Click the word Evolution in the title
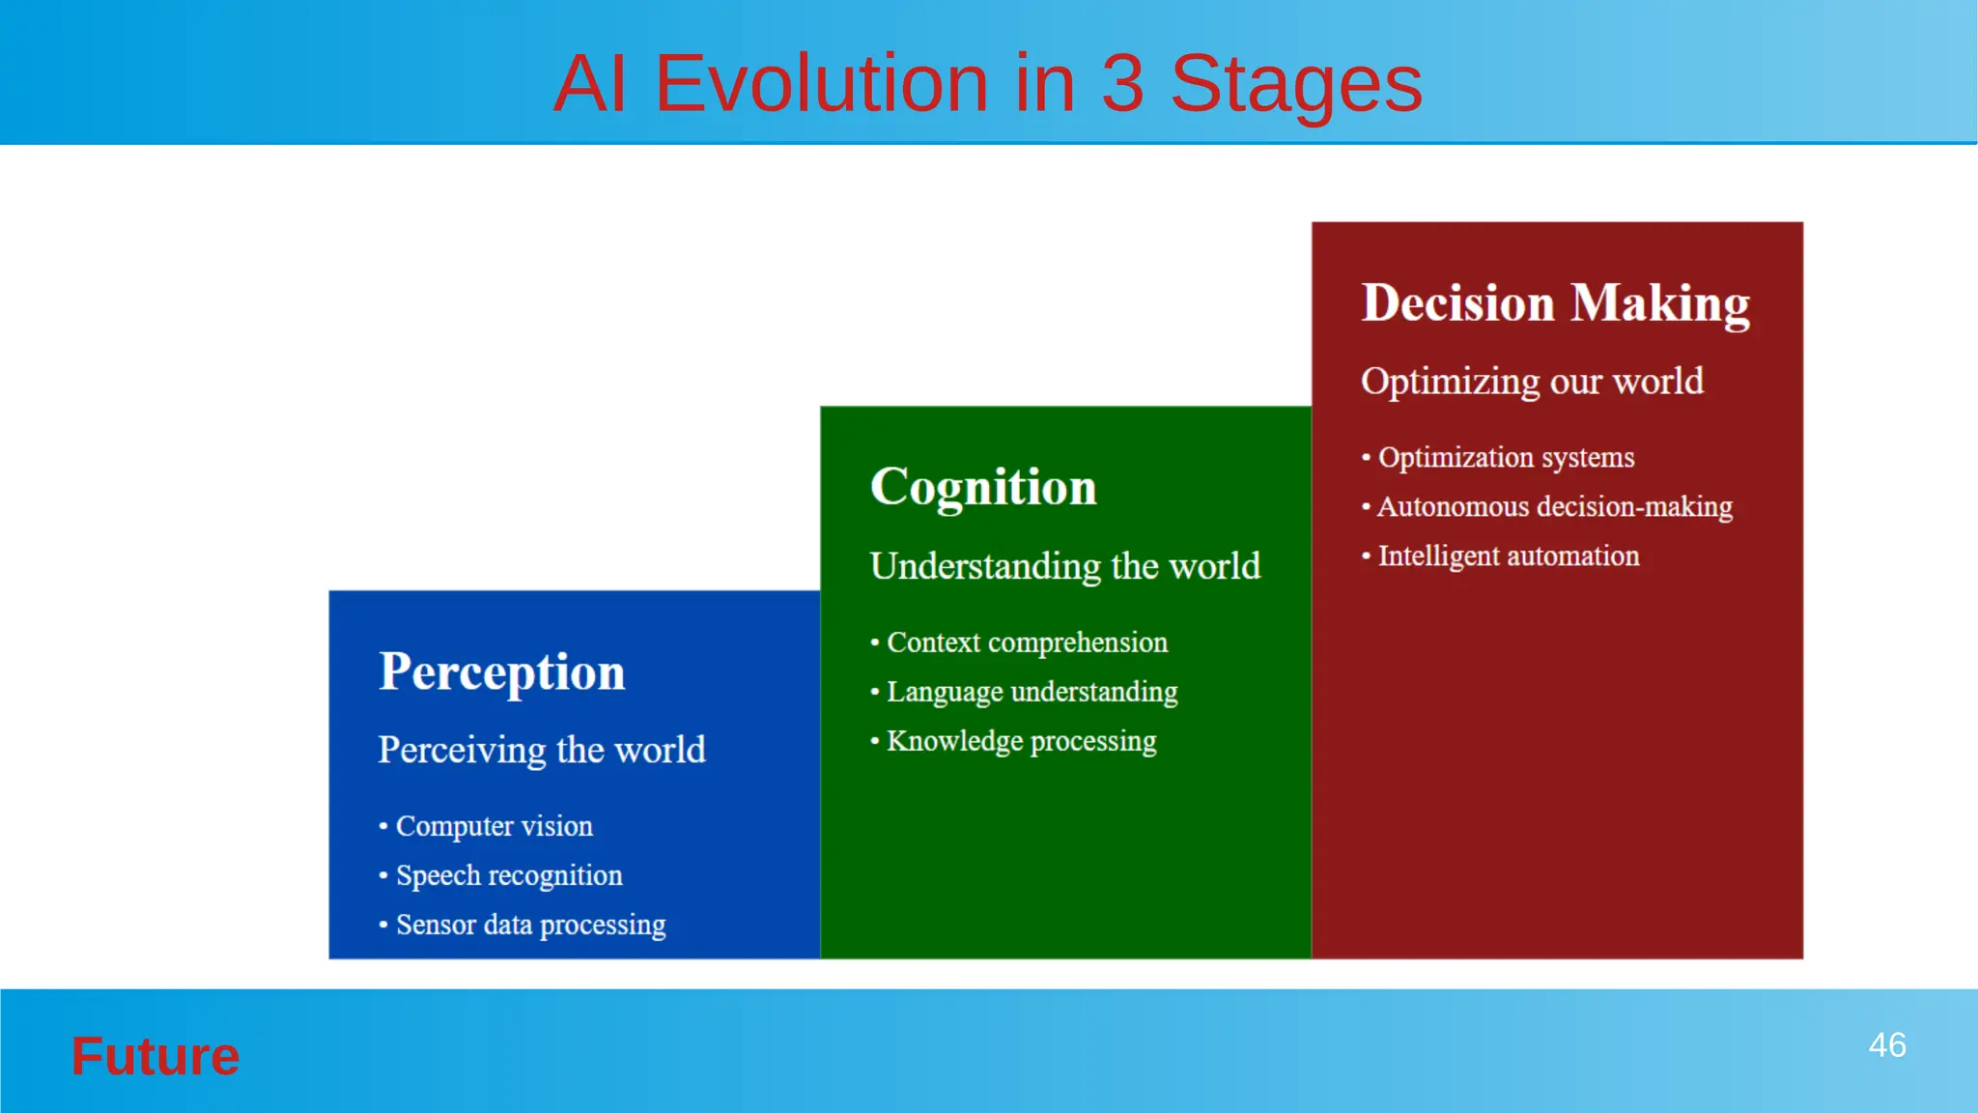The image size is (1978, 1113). click(x=821, y=84)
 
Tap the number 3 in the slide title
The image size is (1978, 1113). click(x=1122, y=84)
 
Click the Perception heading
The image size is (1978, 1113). click(x=501, y=671)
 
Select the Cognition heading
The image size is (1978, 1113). click(x=983, y=487)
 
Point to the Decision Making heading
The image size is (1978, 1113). click(x=1555, y=303)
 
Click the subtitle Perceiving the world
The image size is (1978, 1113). click(x=541, y=750)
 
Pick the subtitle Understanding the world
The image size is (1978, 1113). click(x=1064, y=566)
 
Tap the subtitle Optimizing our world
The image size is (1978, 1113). click(x=1532, y=382)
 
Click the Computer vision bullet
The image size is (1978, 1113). click(x=494, y=826)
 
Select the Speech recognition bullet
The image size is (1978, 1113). click(x=509, y=875)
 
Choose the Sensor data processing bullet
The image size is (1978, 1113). click(x=530, y=925)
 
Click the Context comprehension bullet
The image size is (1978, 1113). click(x=1027, y=642)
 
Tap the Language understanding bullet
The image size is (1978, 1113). click(x=1031, y=692)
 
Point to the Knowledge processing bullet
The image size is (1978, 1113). click(x=1021, y=741)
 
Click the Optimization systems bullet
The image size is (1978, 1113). click(x=1506, y=457)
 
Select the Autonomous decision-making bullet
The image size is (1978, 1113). click(x=1554, y=506)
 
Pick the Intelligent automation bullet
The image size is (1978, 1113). click(x=1508, y=556)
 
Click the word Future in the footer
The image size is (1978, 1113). click(x=155, y=1056)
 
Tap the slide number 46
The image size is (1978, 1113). click(x=1886, y=1045)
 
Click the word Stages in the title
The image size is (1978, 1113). click(x=1296, y=84)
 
